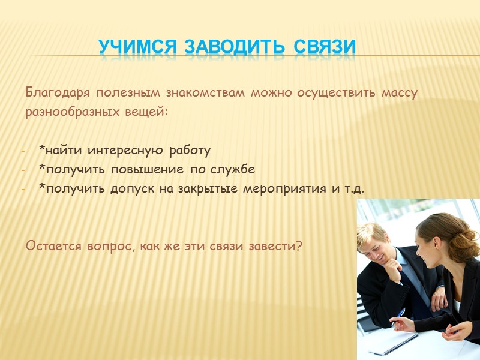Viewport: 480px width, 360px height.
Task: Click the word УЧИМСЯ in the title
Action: [x=137, y=46]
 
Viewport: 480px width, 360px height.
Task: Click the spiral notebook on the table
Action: [x=393, y=343]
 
